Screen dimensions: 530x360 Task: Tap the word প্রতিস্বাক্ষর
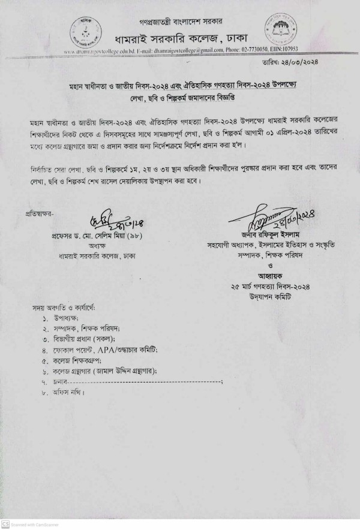(x=39, y=213)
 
